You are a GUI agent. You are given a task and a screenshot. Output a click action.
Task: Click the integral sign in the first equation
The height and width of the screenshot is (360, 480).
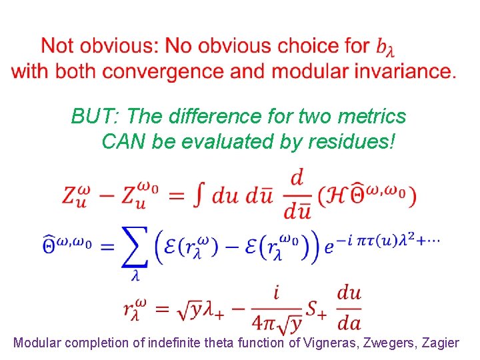click(199, 195)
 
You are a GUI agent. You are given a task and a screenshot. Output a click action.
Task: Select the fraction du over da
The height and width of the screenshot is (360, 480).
click(349, 307)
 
